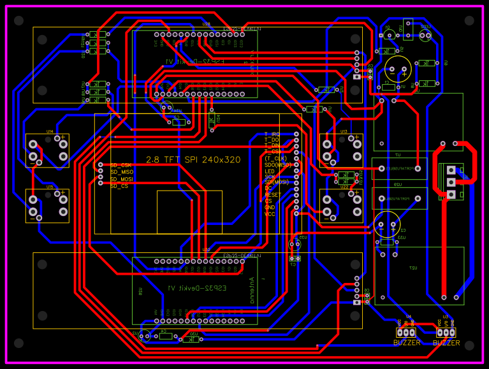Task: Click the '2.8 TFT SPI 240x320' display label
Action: pos(193,160)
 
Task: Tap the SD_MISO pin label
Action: pos(122,172)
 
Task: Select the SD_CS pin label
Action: pos(119,186)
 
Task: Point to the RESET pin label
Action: pos(272,195)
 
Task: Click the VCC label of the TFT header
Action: pos(270,214)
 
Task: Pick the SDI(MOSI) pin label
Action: pos(275,182)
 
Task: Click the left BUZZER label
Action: pos(407,343)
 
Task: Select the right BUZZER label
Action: pos(446,343)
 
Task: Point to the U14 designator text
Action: pos(50,131)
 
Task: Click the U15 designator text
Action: pos(50,187)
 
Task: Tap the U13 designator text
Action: pos(344,131)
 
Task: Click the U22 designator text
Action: pos(344,187)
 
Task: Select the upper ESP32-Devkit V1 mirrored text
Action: pos(189,62)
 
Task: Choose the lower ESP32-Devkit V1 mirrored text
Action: pos(189,288)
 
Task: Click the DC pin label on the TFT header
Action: pos(268,189)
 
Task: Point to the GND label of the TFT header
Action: pos(270,208)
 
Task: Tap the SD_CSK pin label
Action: pos(120,165)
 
